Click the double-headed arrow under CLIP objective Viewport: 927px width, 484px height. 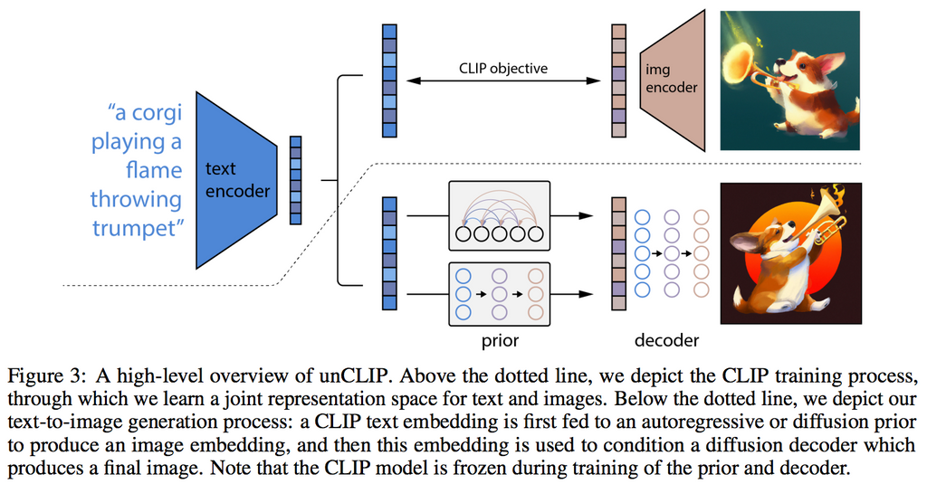click(503, 81)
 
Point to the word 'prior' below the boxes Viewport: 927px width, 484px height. click(500, 341)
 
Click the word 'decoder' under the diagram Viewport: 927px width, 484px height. click(665, 341)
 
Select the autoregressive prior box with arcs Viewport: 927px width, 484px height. click(500, 215)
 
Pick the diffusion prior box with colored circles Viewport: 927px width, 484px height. click(500, 293)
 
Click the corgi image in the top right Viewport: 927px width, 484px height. click(789, 80)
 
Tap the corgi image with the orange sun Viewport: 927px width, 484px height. click(789, 253)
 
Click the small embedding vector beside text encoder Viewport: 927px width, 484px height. click(295, 179)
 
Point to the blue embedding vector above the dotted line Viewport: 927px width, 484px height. click(389, 81)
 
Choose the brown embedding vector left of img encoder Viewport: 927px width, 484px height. click(618, 81)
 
